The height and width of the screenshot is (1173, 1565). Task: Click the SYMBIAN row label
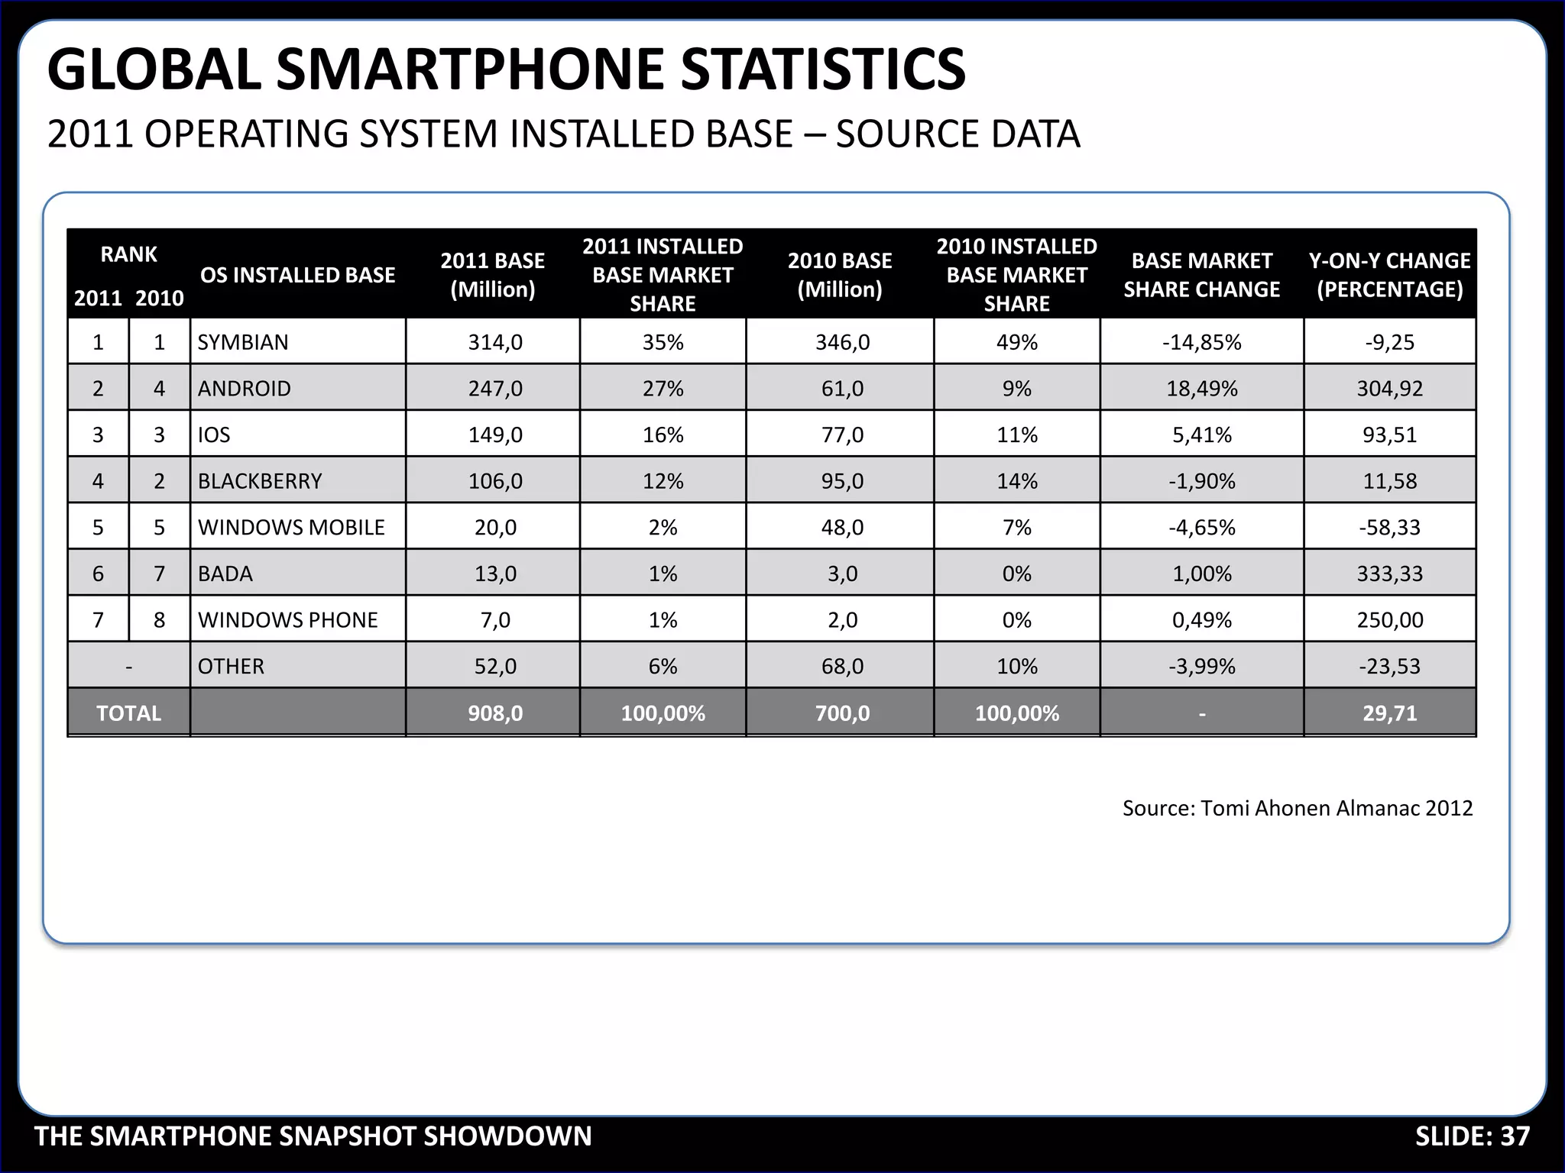tap(243, 342)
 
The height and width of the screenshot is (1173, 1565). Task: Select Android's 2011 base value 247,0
tap(495, 389)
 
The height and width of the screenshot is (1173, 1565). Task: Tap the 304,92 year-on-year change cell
tap(1389, 389)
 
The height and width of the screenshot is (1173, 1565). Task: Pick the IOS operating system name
tap(214, 435)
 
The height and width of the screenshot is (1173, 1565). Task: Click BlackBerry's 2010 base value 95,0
tap(842, 481)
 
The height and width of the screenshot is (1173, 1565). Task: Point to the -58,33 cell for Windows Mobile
tap(1389, 528)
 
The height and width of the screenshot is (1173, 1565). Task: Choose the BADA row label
tap(225, 574)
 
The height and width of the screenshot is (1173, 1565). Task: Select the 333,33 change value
tap(1389, 574)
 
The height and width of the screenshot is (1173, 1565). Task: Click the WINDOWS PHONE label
tap(287, 620)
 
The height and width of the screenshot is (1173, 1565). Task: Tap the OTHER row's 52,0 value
tap(495, 667)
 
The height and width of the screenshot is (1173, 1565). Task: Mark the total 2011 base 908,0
tap(495, 713)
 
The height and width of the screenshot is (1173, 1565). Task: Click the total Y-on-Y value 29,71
tap(1389, 713)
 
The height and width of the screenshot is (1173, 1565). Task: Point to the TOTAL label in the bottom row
tap(128, 713)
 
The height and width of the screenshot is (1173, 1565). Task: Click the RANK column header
tap(128, 254)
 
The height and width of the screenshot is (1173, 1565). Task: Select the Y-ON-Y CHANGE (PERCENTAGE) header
tap(1389, 275)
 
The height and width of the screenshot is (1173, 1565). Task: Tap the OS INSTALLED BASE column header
tap(297, 275)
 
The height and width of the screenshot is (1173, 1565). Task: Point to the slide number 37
tap(1515, 1136)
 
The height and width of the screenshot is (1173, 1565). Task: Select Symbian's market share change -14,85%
tap(1201, 342)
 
